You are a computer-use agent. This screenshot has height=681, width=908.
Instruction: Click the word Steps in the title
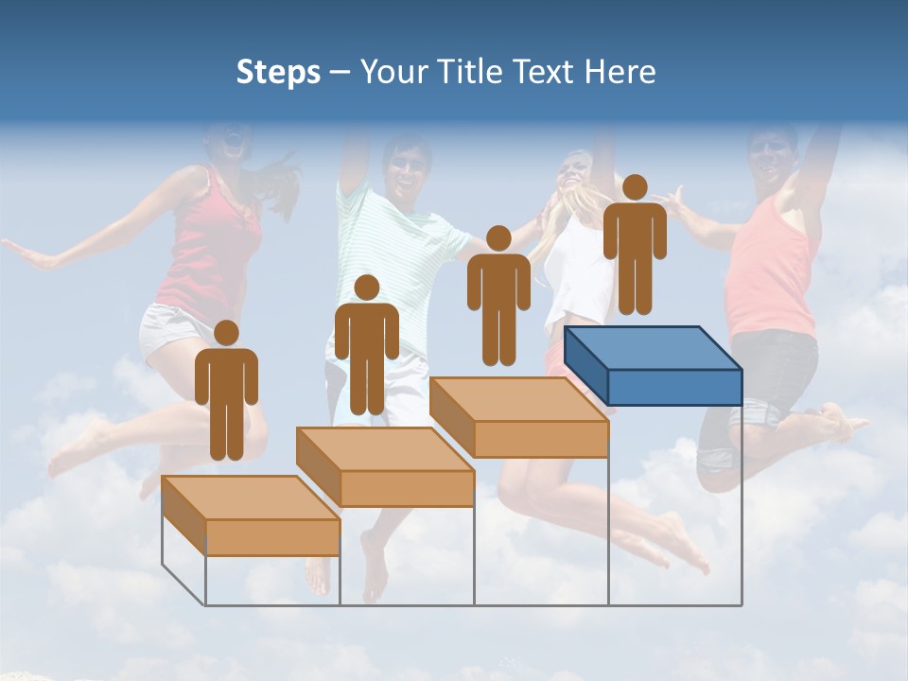(x=278, y=72)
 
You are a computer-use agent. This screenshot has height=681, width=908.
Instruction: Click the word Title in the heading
(x=468, y=72)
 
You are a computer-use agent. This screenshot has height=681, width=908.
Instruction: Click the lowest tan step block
(x=251, y=516)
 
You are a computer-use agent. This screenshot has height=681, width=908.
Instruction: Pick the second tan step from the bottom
(x=385, y=467)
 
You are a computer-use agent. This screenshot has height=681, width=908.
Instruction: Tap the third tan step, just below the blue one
(x=518, y=418)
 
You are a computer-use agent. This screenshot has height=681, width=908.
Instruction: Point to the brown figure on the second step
(x=366, y=349)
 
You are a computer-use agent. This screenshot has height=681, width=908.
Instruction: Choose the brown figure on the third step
(x=498, y=300)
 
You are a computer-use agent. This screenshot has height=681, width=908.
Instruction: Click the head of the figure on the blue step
(x=635, y=186)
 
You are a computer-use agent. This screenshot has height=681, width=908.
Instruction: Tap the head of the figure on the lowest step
(x=226, y=333)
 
